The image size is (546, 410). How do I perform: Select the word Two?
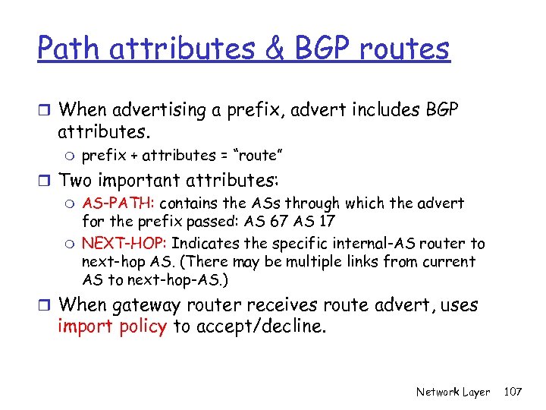78,181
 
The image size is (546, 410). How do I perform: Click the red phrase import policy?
111,327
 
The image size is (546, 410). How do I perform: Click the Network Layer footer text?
453,393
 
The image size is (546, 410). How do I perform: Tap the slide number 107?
513,393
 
